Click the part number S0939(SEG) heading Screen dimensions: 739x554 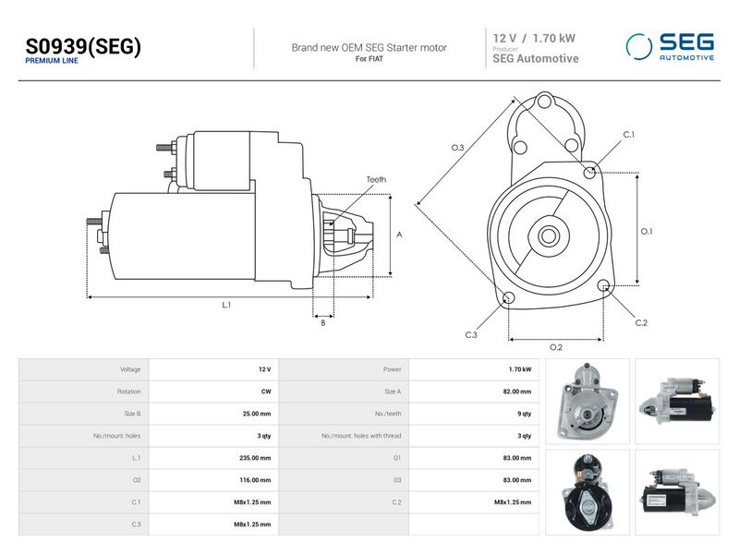point(83,46)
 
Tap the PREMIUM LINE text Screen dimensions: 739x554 point(52,61)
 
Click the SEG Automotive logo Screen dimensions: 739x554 point(670,47)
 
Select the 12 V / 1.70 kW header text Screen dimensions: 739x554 point(534,38)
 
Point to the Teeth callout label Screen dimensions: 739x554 point(376,179)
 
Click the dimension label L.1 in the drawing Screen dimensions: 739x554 point(226,305)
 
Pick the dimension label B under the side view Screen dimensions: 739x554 point(322,322)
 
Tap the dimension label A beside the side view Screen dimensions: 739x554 point(399,235)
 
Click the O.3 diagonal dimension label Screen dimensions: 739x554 point(457,148)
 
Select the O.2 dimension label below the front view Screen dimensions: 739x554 point(556,347)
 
